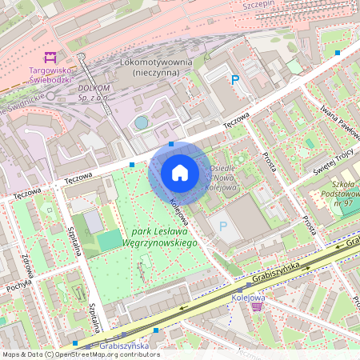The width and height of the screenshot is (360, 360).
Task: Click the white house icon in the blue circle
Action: coord(180,172)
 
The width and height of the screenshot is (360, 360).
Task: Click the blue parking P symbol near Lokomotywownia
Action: coord(234,79)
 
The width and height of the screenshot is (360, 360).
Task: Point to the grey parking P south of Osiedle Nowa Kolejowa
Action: coord(223,227)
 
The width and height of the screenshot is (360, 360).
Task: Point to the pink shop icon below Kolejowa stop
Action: coord(256,306)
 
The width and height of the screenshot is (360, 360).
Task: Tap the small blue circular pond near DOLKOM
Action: coord(142,122)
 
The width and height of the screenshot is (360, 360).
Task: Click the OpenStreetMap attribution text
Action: coord(80,354)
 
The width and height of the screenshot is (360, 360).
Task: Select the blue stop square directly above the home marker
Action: coord(171,145)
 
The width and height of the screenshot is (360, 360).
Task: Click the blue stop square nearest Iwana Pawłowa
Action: coord(338,53)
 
